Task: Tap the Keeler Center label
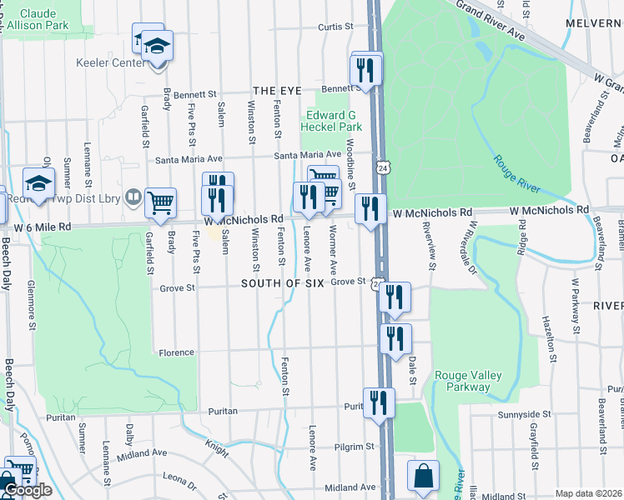pyautogui.click(x=111, y=62)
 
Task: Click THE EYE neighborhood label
pyautogui.click(x=275, y=90)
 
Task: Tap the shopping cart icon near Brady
pyautogui.click(x=160, y=202)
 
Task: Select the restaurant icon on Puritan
pyautogui.click(x=379, y=403)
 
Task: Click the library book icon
pyautogui.click(x=133, y=197)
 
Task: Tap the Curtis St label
pyautogui.click(x=337, y=27)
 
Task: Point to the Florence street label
pyautogui.click(x=176, y=353)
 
